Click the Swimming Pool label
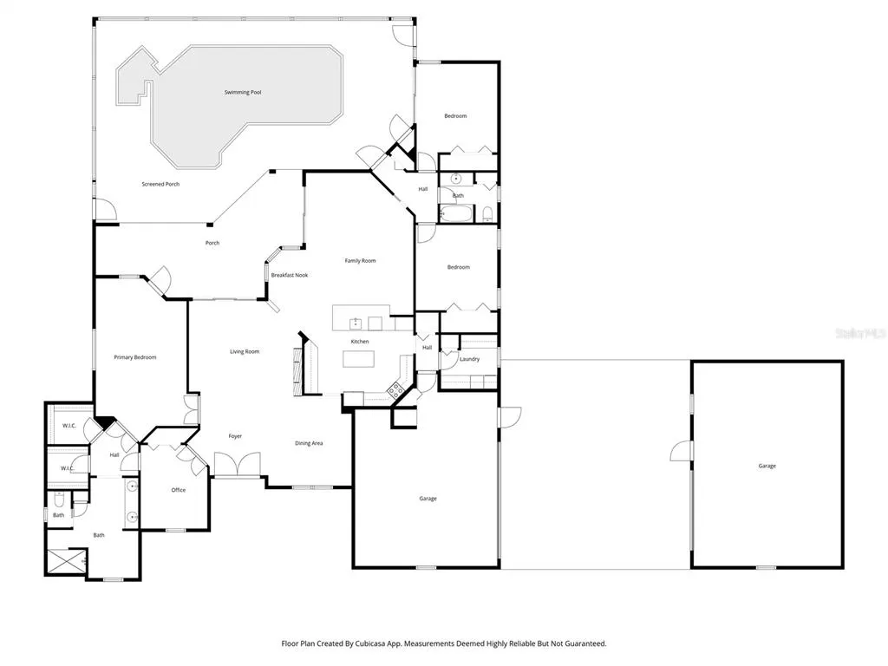coord(243,92)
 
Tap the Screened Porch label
coord(160,184)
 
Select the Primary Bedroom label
coord(134,357)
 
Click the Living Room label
coord(245,352)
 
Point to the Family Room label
coord(360,261)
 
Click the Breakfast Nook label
coord(290,275)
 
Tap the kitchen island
coord(358,359)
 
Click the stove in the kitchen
coord(395,389)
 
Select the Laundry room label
coord(469,359)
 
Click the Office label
coord(179,491)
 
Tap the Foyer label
coord(235,436)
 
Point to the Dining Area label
coord(309,443)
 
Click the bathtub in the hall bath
coord(456,214)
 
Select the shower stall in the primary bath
coord(67,561)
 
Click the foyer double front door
coord(237,465)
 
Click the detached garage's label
coord(767,466)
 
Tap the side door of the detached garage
coord(682,451)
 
